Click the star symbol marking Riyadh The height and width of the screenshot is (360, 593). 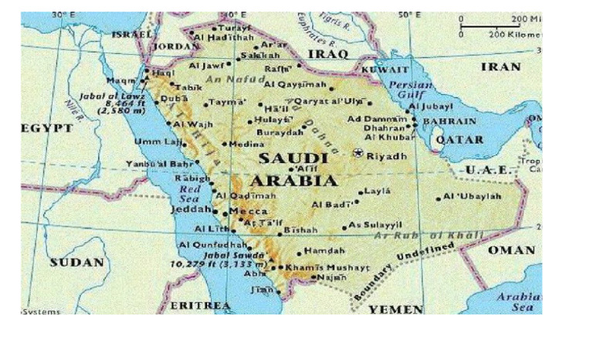357,153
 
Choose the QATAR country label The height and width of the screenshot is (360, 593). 459,140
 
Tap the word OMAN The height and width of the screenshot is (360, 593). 511,250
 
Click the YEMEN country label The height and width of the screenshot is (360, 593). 395,309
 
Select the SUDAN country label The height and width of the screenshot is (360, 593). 76,263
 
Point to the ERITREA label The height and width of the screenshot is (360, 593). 199,306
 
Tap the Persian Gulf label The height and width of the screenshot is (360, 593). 410,88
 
